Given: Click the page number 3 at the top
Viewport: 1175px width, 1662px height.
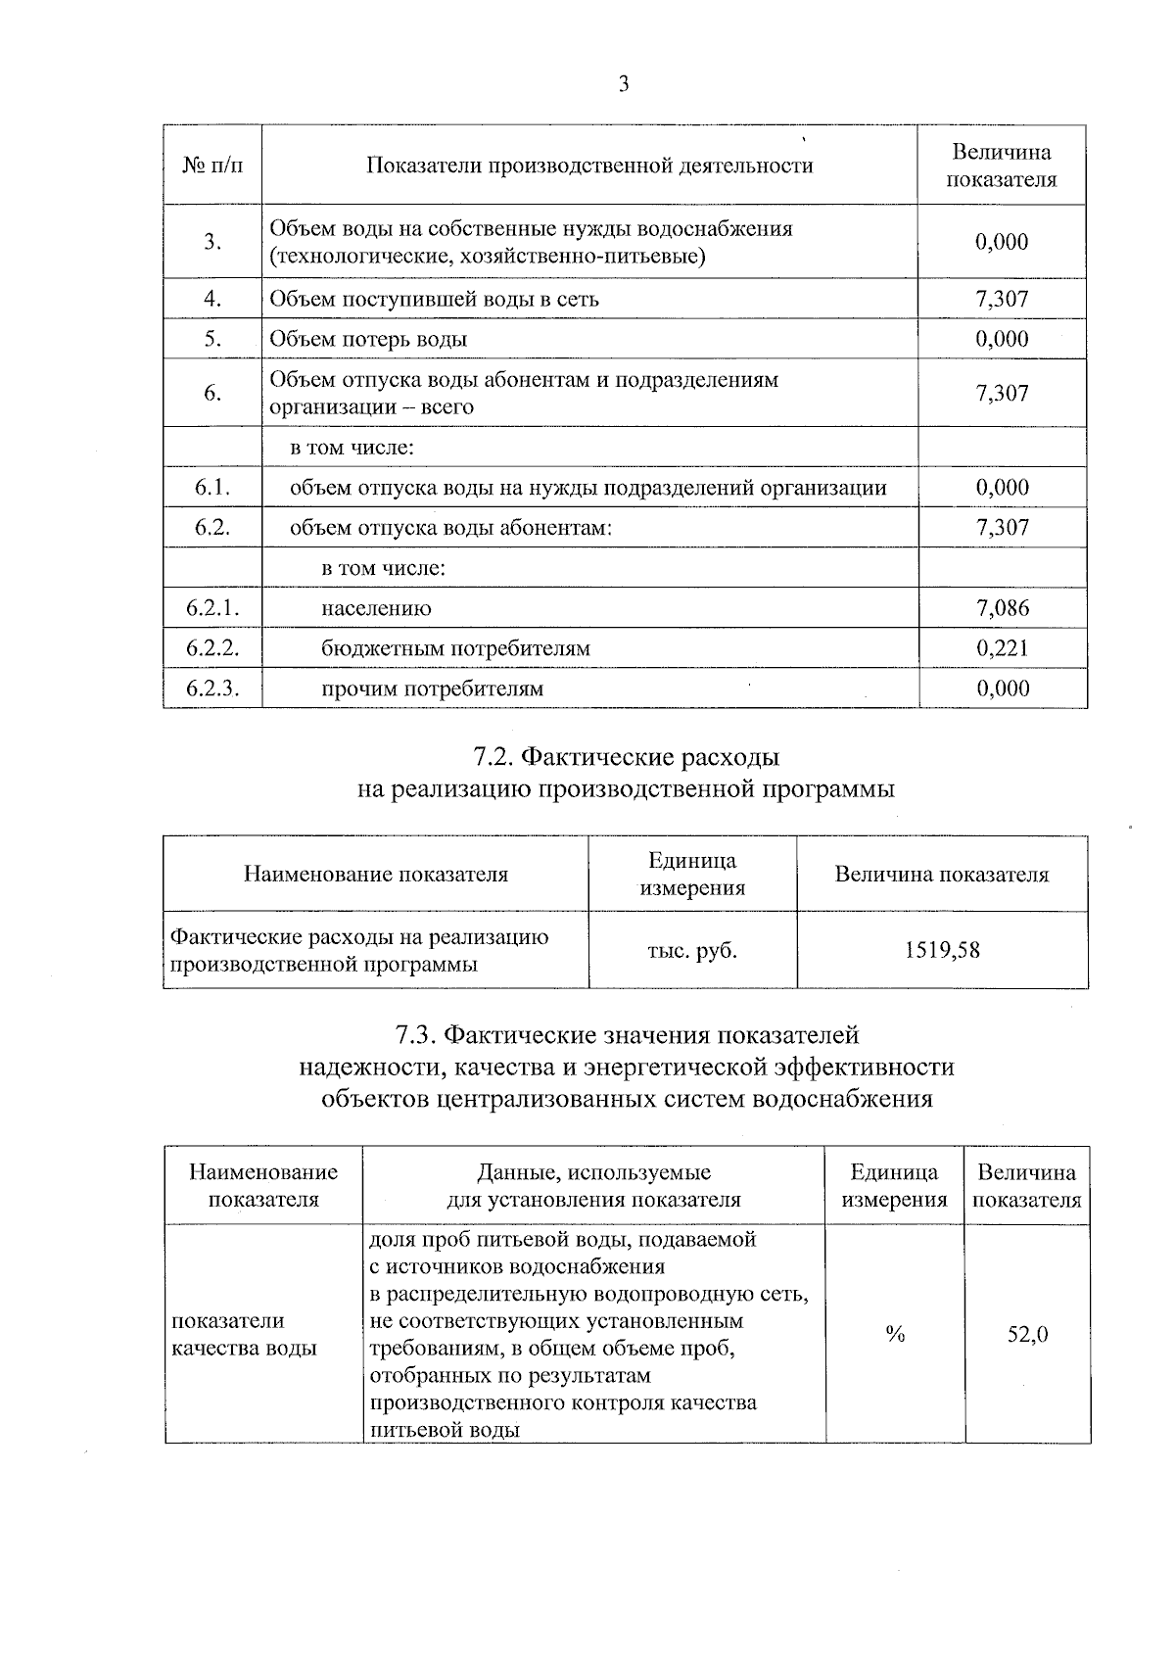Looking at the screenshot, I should pos(624,84).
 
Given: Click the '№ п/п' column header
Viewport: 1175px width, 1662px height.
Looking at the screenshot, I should pos(212,166).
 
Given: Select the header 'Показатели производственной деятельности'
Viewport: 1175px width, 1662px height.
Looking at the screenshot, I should pos(589,166).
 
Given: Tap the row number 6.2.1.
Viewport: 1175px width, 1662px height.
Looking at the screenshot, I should pos(212,608).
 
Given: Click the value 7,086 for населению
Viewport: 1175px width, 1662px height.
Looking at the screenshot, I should pos(1003,608).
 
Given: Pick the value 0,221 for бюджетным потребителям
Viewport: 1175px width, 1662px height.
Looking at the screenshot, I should pos(1003,648).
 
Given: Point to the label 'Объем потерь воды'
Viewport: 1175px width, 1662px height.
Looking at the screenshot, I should pos(368,339).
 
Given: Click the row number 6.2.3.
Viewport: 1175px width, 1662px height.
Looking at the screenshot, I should pos(212,689).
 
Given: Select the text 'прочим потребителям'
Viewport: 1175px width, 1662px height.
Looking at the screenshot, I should pos(432,689).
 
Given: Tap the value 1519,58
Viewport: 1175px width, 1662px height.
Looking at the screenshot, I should pos(942,950).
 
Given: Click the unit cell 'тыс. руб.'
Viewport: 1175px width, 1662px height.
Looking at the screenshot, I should pos(692,950).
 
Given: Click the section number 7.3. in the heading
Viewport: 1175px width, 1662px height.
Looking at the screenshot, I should pos(416,1035).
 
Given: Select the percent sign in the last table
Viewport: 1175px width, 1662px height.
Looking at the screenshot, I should pos(894,1334).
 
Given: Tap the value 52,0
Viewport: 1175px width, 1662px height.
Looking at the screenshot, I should pos(1028,1334).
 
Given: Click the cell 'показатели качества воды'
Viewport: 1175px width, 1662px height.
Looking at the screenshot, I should pos(245,1334).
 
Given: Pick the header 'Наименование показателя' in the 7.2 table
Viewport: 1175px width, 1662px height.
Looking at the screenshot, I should pos(376,874).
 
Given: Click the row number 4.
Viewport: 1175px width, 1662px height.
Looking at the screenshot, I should pos(212,299).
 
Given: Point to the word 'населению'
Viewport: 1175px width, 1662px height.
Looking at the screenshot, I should pos(376,608).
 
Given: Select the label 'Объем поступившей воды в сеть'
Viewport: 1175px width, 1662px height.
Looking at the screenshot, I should pos(434,299).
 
